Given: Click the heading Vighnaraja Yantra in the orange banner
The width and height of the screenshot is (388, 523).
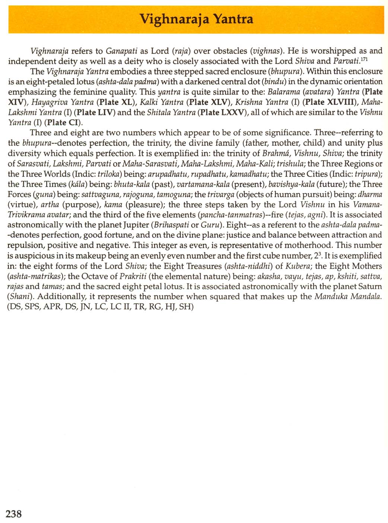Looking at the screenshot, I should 196,19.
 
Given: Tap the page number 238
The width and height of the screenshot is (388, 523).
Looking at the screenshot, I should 14,514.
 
